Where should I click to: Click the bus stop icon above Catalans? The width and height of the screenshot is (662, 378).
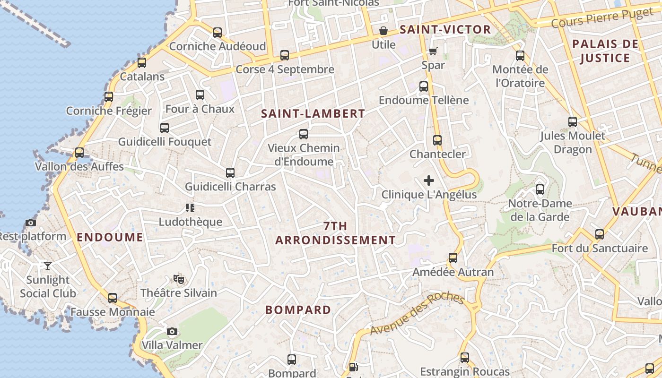[141, 63]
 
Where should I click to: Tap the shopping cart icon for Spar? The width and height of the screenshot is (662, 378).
[433, 51]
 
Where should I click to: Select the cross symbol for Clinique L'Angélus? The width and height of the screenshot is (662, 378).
[429, 180]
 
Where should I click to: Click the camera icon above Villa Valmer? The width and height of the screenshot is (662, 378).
[172, 331]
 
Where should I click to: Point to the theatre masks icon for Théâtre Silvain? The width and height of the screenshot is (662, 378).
[178, 279]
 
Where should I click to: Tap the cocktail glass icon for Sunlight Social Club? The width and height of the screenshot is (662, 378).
[47, 266]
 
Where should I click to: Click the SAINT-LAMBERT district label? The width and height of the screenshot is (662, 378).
[313, 114]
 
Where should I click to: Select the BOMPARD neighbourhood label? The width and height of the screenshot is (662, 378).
[298, 310]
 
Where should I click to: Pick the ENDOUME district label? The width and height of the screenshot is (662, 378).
[110, 237]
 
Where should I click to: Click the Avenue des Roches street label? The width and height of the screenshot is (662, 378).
[417, 313]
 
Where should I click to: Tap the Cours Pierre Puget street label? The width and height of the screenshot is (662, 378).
[601, 17]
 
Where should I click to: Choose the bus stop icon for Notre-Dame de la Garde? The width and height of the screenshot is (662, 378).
[540, 189]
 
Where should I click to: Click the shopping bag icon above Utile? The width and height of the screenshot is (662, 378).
[383, 31]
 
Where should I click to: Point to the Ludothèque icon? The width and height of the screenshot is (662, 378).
[190, 207]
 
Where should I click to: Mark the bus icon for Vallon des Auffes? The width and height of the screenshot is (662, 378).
[79, 153]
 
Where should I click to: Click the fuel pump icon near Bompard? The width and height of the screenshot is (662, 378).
[353, 367]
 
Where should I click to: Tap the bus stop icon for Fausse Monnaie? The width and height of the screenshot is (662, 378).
[113, 298]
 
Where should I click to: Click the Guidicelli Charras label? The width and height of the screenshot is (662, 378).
[230, 187]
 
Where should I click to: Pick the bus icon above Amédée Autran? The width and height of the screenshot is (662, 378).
[453, 258]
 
